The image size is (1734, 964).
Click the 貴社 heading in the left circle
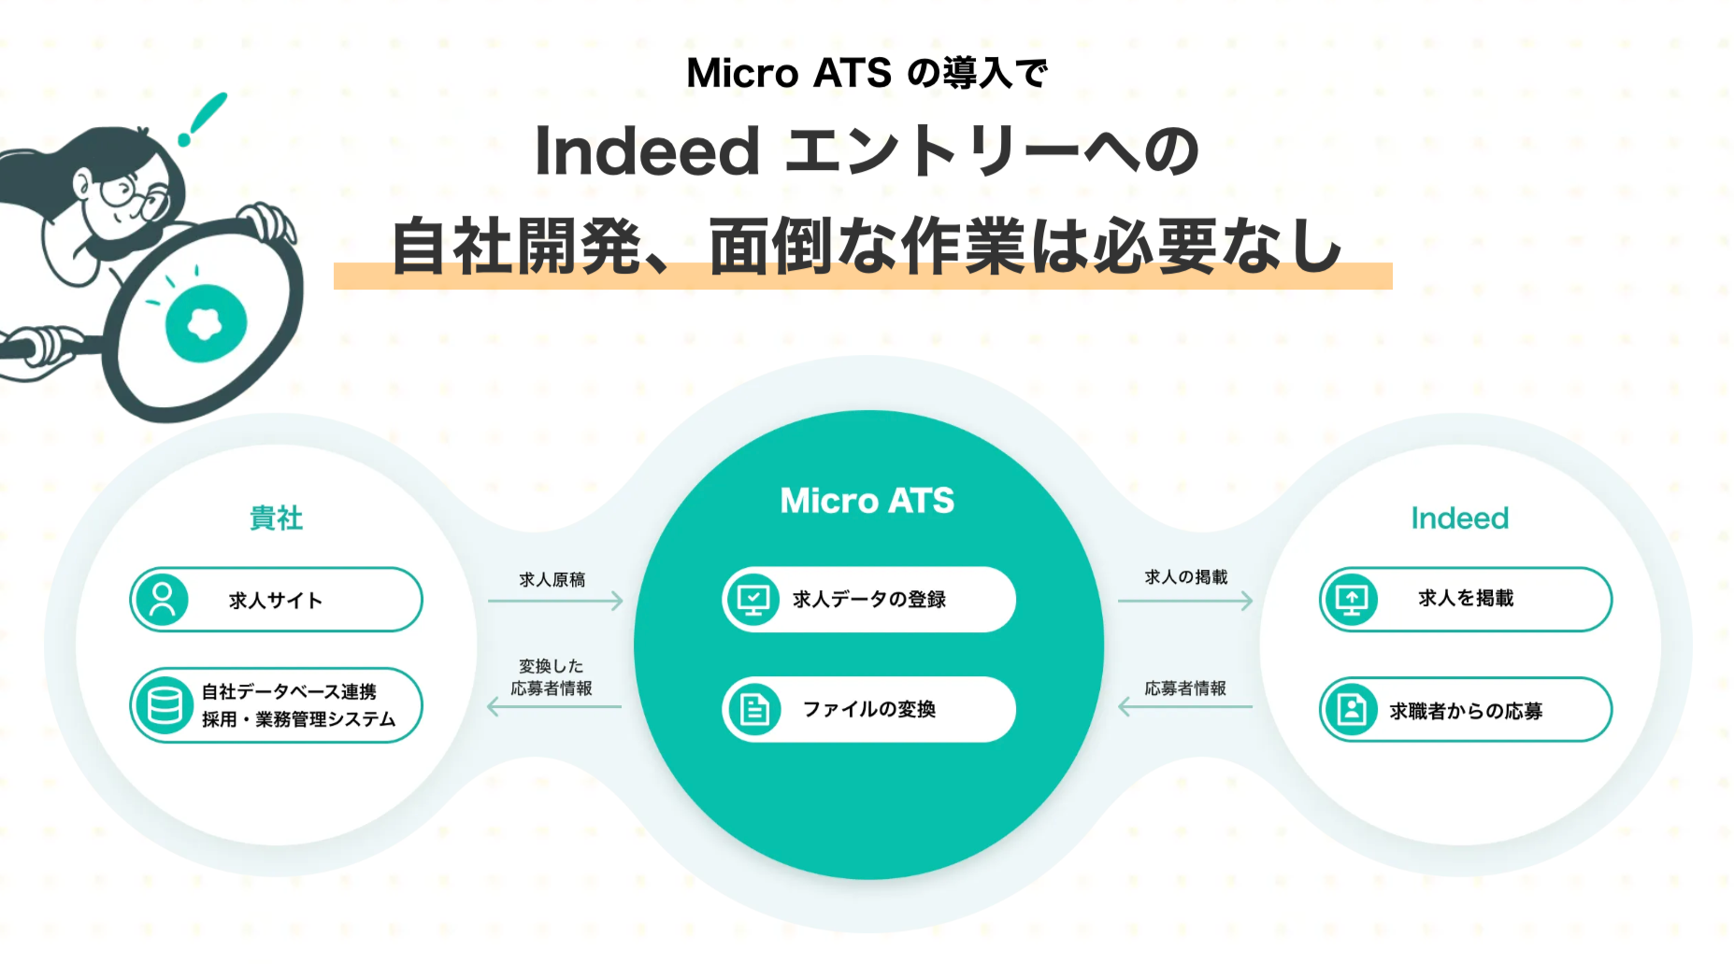(x=276, y=517)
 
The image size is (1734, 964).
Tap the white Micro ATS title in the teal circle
(x=867, y=501)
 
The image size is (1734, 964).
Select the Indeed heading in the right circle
(x=1460, y=517)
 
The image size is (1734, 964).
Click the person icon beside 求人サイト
(x=162, y=600)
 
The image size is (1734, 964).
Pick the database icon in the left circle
(x=165, y=705)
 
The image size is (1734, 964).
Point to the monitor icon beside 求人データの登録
(x=753, y=600)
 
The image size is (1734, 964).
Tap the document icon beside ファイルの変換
(x=753, y=710)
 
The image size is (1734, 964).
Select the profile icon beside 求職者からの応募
(x=1351, y=710)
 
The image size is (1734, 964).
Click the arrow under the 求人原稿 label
(x=555, y=601)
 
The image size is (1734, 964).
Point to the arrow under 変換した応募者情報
(x=554, y=707)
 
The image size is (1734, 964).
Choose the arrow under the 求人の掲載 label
(x=1185, y=601)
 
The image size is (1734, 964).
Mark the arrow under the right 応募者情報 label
(x=1185, y=707)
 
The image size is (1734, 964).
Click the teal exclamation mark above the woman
(x=204, y=118)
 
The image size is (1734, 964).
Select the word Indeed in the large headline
(x=647, y=151)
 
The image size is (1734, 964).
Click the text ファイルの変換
(x=869, y=710)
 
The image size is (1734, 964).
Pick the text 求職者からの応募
(x=1466, y=711)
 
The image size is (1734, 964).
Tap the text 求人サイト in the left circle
(x=276, y=601)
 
